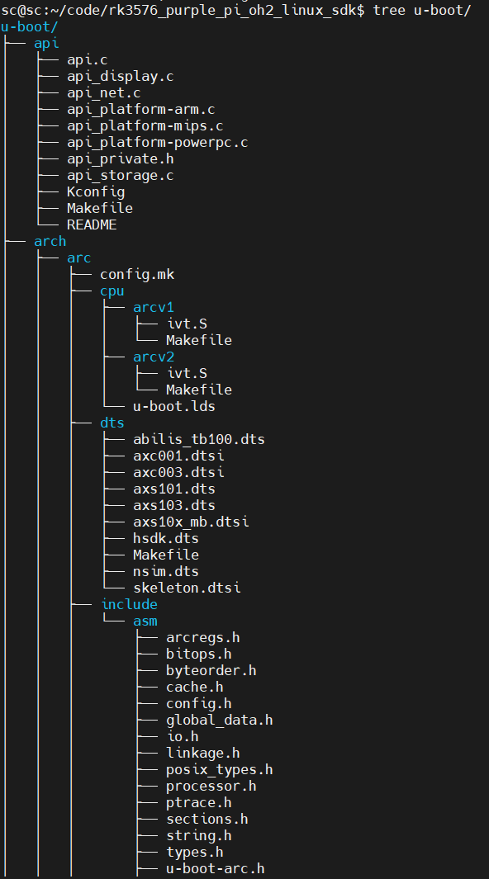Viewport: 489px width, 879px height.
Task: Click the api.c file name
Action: point(87,59)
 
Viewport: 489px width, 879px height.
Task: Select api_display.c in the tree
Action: point(120,76)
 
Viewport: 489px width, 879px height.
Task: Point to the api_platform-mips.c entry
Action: point(145,125)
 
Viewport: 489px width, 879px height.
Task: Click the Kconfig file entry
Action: point(95,191)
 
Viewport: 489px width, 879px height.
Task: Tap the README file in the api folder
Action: point(92,224)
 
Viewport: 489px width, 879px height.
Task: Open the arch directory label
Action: point(50,241)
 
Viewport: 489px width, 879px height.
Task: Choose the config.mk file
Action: point(137,274)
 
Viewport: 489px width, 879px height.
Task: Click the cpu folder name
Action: point(112,291)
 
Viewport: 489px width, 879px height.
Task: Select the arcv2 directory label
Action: point(153,357)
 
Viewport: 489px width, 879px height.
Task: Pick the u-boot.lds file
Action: point(173,406)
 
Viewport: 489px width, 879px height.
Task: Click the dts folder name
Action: point(112,423)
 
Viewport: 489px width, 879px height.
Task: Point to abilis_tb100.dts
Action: point(198,439)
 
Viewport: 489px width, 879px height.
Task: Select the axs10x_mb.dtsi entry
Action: point(191,522)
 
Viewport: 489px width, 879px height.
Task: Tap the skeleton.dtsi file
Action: point(186,588)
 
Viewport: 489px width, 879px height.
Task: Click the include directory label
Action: point(129,604)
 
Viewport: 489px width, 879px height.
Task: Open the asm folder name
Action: point(145,621)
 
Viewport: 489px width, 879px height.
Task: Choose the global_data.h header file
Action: point(219,720)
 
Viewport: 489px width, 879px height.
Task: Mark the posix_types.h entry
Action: point(219,769)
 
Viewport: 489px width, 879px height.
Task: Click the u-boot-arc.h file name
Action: point(215,868)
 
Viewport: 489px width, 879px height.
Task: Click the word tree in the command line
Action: point(388,10)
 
